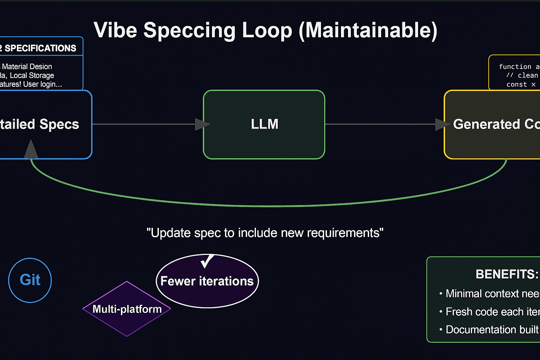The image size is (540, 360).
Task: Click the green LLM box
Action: click(x=264, y=124)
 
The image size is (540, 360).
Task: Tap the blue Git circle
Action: click(x=30, y=280)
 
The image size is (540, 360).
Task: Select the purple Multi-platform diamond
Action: click(x=127, y=309)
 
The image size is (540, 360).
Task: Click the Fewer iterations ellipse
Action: click(x=207, y=281)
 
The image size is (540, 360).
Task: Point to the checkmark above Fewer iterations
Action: click(x=207, y=261)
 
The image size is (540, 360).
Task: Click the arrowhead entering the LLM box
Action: click(x=202, y=124)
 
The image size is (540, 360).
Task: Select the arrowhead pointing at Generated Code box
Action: click(x=442, y=124)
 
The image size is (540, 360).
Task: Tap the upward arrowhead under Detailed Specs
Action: click(x=31, y=149)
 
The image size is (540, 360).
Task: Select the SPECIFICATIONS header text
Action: click(x=40, y=48)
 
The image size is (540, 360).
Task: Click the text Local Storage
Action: click(x=32, y=76)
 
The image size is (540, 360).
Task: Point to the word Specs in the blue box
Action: click(x=59, y=124)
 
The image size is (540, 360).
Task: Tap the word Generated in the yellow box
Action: click(x=486, y=124)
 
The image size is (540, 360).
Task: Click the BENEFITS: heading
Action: click(x=507, y=274)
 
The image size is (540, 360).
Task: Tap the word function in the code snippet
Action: click(x=515, y=67)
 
